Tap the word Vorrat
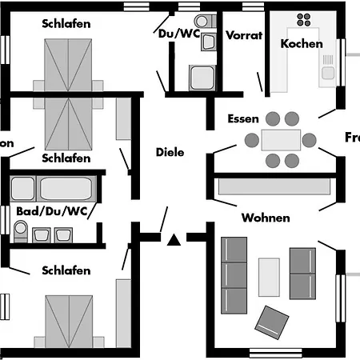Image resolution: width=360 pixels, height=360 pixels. click(244, 36)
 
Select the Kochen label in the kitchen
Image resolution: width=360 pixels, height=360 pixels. click(302, 43)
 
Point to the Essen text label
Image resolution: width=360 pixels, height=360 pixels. click(242, 118)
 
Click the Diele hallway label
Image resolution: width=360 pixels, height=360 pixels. click(170, 152)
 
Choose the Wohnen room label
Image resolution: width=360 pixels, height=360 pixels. click(266, 218)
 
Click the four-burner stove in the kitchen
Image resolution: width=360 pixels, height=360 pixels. click(304, 20)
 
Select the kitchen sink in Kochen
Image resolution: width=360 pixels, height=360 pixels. click(328, 74)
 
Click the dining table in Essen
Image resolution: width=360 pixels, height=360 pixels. click(281, 139)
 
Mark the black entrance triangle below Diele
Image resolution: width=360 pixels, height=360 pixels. click(174, 238)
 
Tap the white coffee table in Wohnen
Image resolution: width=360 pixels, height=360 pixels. click(270, 277)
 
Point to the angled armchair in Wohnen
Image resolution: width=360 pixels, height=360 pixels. click(272, 322)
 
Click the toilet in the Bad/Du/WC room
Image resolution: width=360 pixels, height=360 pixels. click(22, 230)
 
